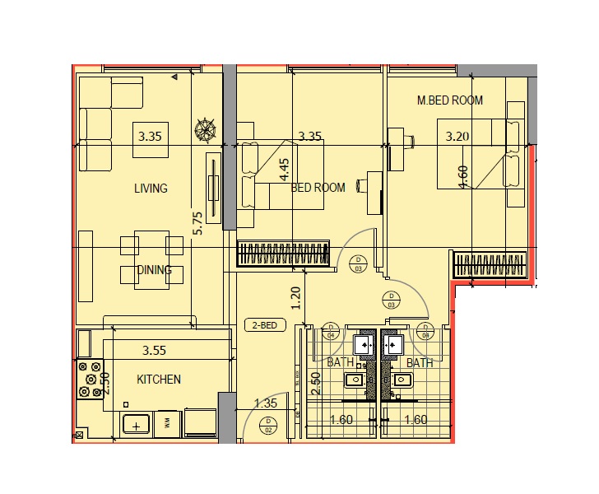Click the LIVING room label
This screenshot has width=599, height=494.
pyautogui.click(x=151, y=189)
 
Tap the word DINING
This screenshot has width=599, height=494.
pyautogui.click(x=154, y=270)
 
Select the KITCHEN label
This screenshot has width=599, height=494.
pyautogui.click(x=159, y=380)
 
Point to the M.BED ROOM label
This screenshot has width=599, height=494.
pyautogui.click(x=449, y=100)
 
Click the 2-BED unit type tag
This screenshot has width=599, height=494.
pyautogui.click(x=265, y=325)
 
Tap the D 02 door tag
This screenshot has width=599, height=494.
pyautogui.click(x=267, y=426)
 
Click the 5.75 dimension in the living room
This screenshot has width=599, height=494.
pyautogui.click(x=197, y=224)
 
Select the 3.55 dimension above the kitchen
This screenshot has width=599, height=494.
pyautogui.click(x=155, y=350)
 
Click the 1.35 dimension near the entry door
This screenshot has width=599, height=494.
pyautogui.click(x=266, y=403)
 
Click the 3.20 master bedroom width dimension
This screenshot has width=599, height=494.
pyautogui.click(x=457, y=137)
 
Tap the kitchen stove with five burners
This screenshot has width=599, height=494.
pyautogui.click(x=89, y=378)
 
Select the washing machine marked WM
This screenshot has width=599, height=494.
pyautogui.click(x=167, y=423)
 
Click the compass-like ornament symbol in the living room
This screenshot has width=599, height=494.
pyautogui.click(x=205, y=130)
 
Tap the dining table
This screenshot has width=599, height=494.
pyautogui.click(x=152, y=259)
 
